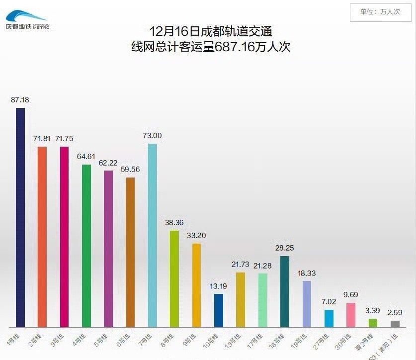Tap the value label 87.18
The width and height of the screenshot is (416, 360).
click(x=20, y=99)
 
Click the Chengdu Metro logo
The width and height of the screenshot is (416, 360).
click(x=27, y=19)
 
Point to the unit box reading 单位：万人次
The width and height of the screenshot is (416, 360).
click(x=380, y=12)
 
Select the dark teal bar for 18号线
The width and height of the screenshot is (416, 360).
click(x=284, y=291)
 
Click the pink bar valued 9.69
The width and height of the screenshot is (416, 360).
click(x=350, y=314)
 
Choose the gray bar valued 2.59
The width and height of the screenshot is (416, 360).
click(x=395, y=324)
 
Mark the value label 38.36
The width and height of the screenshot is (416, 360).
click(x=174, y=222)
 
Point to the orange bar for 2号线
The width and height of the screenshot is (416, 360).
click(x=42, y=237)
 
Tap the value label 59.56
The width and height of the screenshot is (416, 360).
click(x=130, y=169)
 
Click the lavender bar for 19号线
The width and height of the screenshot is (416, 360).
click(x=307, y=304)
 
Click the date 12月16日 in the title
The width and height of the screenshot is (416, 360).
click(x=171, y=32)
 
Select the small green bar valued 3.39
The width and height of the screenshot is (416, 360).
click(x=373, y=323)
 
